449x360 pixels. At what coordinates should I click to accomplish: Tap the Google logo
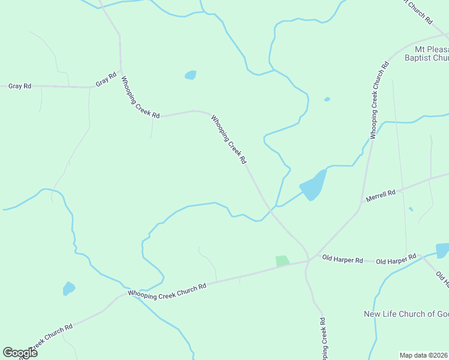pos(20,353)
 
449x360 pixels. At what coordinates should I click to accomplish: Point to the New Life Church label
pos(406,314)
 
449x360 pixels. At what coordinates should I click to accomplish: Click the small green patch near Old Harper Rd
pos(282,261)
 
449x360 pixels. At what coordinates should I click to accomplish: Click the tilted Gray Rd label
pos(106,80)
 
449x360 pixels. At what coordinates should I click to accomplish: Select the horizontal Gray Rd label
pos(20,86)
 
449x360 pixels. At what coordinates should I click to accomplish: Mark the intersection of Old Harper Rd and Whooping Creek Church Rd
pos(309,260)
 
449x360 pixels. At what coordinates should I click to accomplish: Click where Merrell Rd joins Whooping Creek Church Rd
pos(360,209)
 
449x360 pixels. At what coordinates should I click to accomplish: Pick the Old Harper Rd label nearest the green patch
pos(342,259)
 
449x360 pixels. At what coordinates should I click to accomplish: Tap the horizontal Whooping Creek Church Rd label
pos(167,289)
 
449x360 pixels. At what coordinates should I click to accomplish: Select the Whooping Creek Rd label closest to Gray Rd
pos(140,97)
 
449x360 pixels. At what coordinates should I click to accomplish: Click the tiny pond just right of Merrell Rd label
pos(411,209)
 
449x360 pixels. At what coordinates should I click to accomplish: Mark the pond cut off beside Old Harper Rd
pos(442,250)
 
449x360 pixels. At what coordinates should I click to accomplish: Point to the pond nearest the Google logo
pos(69,289)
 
